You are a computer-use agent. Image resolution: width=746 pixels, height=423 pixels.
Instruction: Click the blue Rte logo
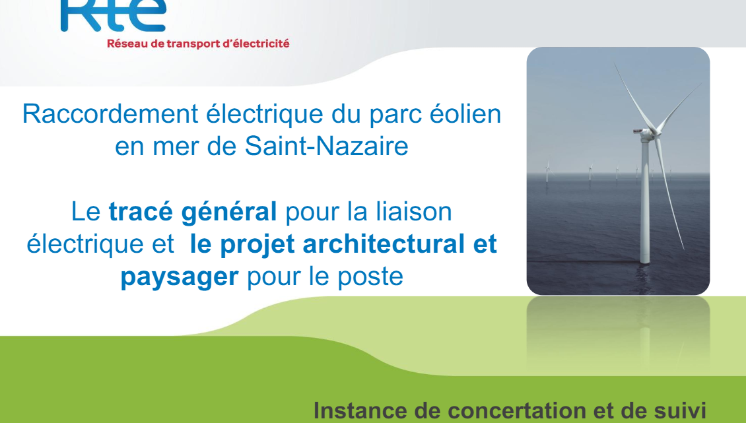(114, 15)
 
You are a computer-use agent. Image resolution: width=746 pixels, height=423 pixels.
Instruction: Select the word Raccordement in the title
(110, 114)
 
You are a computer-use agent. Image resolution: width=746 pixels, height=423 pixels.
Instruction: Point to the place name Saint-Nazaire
(326, 146)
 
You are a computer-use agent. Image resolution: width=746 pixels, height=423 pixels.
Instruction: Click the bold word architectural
(384, 244)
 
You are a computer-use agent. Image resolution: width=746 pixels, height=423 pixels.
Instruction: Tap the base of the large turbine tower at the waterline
(644, 261)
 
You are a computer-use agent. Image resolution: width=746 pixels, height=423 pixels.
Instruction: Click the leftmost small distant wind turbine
(547, 171)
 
